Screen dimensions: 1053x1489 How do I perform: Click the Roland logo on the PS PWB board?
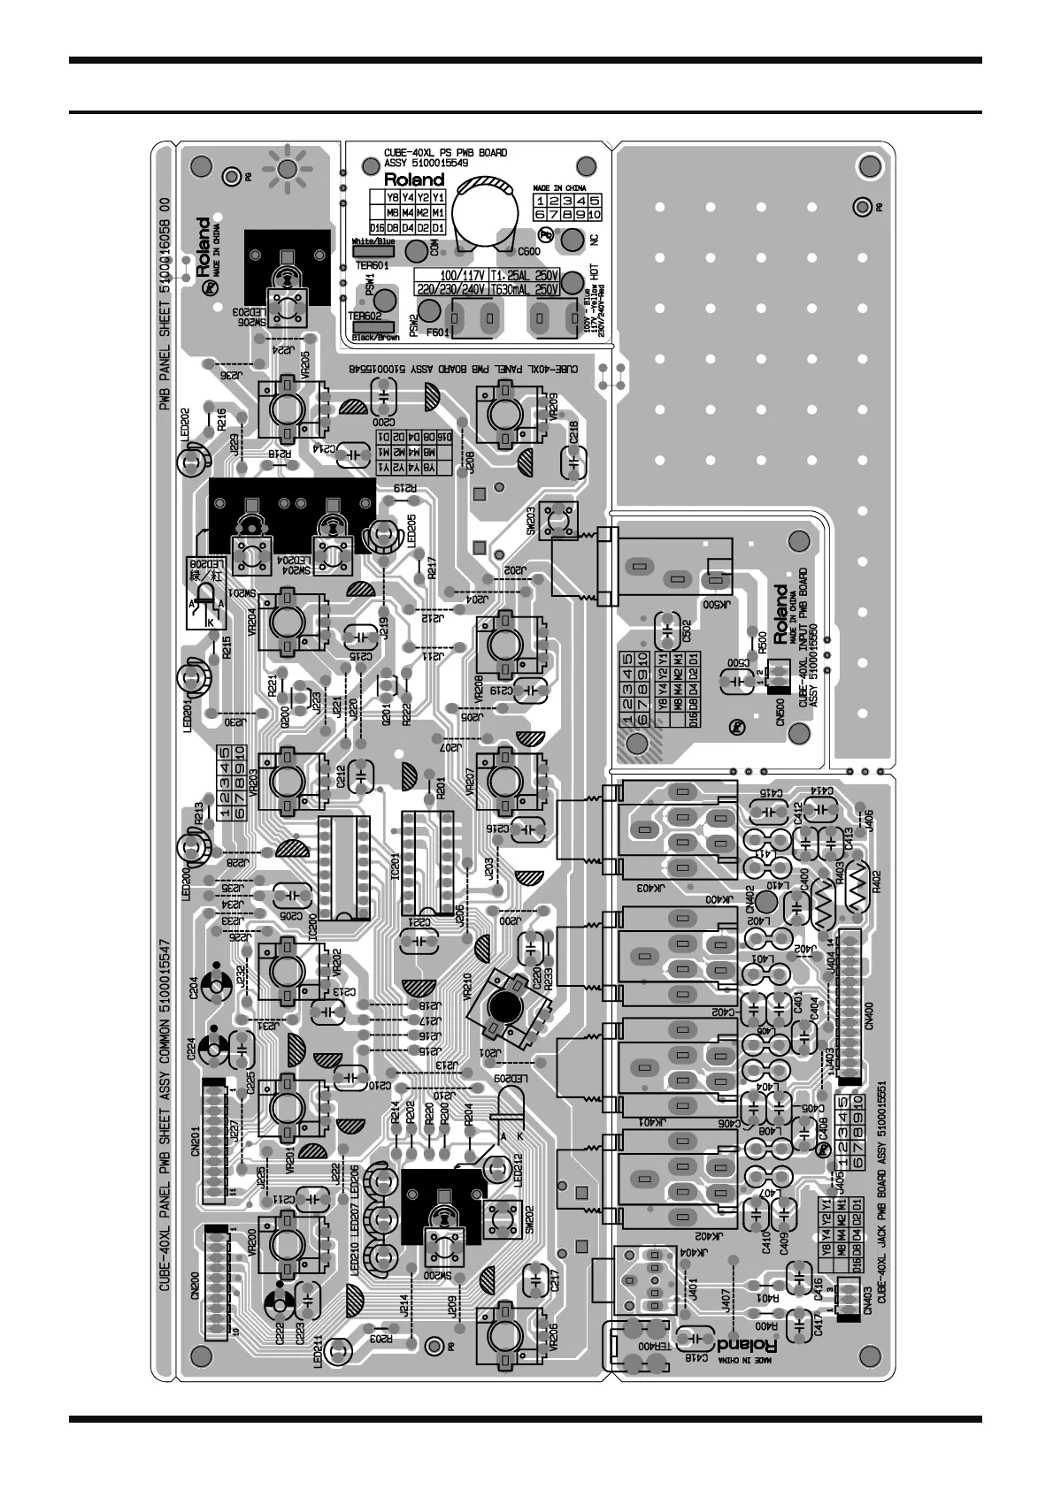[x=414, y=179]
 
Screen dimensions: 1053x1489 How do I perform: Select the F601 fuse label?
[x=439, y=333]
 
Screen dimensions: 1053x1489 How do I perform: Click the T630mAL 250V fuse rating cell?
[x=524, y=289]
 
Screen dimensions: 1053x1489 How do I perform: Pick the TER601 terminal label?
[x=372, y=264]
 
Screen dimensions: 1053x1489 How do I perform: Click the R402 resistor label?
[x=877, y=881]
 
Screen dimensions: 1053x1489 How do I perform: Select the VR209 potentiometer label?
[x=553, y=416]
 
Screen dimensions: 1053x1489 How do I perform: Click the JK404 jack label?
[x=695, y=1252]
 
